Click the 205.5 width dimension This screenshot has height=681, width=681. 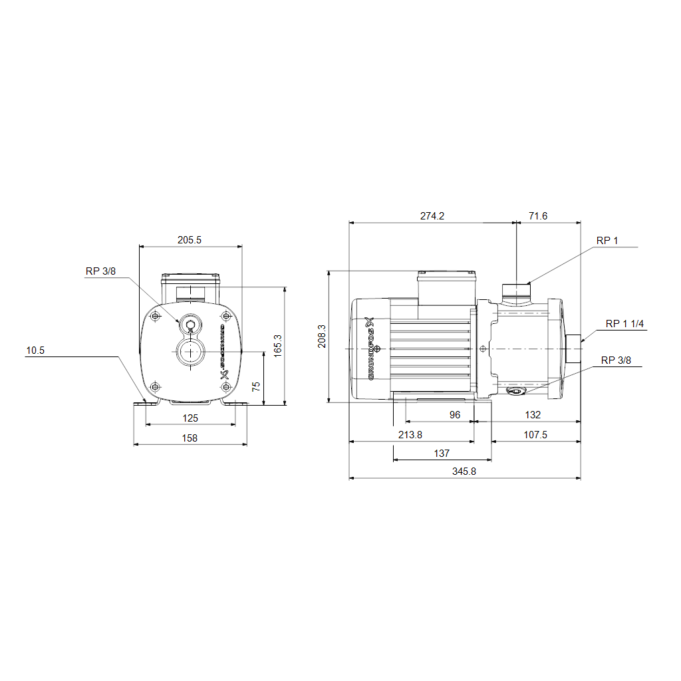pyautogui.click(x=190, y=239)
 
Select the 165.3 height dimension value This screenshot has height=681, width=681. pyautogui.click(x=278, y=346)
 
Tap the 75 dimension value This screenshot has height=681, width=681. pyautogui.click(x=256, y=386)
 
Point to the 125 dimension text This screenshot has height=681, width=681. pyautogui.click(x=190, y=418)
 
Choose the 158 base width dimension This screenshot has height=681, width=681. pyautogui.click(x=190, y=438)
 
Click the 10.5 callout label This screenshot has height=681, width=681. pyautogui.click(x=35, y=350)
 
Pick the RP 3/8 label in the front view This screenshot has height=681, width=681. pyautogui.click(x=101, y=271)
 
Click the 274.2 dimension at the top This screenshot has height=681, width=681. pyautogui.click(x=432, y=216)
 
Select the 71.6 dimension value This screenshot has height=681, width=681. pyautogui.click(x=538, y=216)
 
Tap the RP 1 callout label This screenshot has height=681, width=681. pyautogui.click(x=607, y=241)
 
